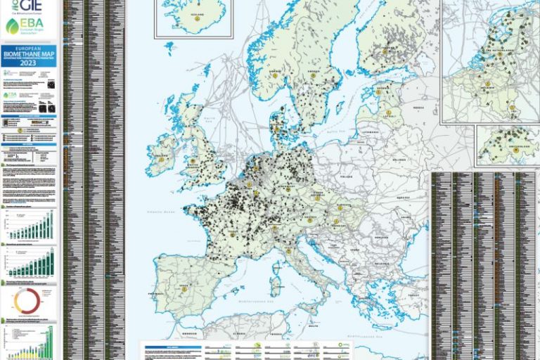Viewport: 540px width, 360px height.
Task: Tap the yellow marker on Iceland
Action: coord(198,18)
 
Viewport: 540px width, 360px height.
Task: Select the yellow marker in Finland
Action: coord(385,51)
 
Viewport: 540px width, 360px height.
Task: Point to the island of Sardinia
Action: coord(276,285)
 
